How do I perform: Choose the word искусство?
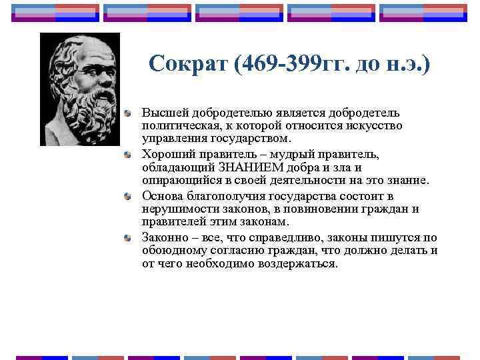373,126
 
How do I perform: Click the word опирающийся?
177,180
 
